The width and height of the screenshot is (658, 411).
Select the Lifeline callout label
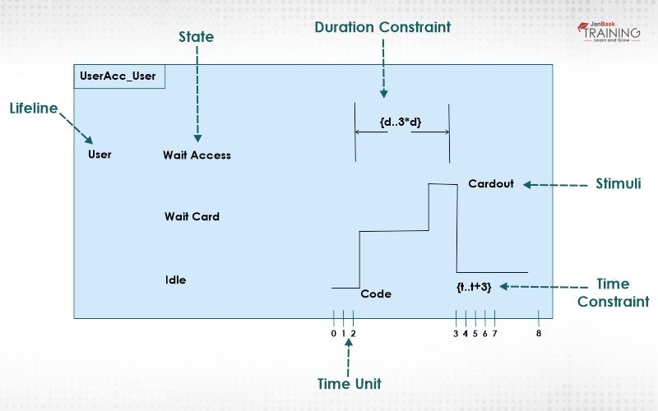coord(34,108)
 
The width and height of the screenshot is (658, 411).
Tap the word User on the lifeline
coord(100,154)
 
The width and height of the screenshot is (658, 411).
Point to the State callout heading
coord(196,37)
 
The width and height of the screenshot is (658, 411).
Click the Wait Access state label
coord(197,155)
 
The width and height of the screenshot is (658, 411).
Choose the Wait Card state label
coord(192,217)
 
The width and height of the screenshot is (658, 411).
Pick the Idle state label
coord(175,279)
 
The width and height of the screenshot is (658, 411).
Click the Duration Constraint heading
coord(382,27)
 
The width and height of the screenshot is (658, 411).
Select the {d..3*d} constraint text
coord(401,122)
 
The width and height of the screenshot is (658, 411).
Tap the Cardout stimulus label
coord(490,183)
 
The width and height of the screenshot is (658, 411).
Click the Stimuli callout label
coord(618,183)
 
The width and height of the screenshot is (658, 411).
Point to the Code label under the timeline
coord(376,293)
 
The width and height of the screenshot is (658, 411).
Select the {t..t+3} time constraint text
coord(474,286)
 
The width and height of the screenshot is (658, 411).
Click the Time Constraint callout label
coord(613,293)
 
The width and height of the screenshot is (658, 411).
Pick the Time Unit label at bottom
coord(349,383)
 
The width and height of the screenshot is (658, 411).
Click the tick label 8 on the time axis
coord(538,333)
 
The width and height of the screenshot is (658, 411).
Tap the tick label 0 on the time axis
coord(333,333)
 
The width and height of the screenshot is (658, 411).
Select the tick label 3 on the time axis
coord(455,333)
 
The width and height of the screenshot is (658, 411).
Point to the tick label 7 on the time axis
coord(494,333)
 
